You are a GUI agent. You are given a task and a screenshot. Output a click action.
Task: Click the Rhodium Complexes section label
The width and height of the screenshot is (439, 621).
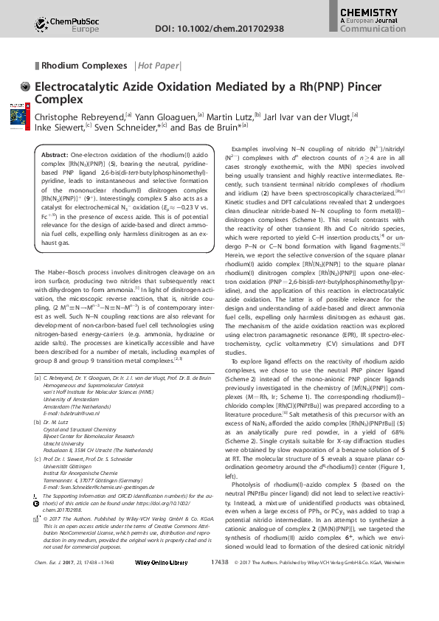(x=84, y=66)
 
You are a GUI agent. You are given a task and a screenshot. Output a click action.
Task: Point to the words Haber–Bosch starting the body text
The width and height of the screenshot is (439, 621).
(x=66, y=273)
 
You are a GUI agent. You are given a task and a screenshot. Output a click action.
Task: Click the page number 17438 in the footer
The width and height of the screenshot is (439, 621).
(x=220, y=603)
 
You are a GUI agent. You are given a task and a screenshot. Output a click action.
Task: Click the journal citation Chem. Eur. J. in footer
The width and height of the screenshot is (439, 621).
(x=49, y=603)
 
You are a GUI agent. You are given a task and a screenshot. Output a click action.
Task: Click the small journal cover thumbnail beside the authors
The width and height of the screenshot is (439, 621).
(x=17, y=118)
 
